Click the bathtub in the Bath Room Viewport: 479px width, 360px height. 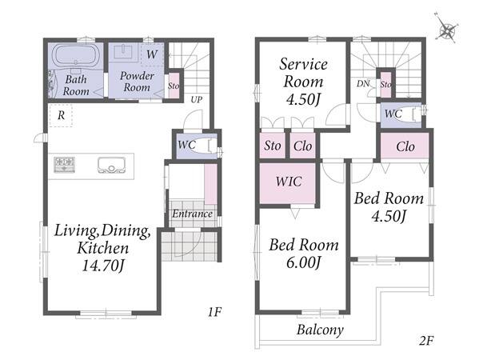click(76, 55)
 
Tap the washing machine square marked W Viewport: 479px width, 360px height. click(152, 54)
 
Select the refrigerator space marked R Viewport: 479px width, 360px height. click(61, 115)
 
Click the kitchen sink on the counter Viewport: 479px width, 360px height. click(111, 165)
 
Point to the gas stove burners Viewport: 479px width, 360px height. click(64, 165)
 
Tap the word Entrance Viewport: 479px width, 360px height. click(192, 214)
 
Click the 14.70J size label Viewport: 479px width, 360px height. click(103, 266)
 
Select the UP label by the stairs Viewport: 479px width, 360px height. click(197, 100)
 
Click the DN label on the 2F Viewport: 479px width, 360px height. click(363, 83)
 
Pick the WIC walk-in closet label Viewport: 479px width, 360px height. click(289, 182)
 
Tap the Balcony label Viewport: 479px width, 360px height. click(320, 330)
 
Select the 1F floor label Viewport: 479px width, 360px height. click(214, 312)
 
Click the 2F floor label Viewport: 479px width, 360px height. click(426, 340)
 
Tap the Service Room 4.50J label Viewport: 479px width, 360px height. click(303, 82)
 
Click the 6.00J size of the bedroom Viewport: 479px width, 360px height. click(303, 262)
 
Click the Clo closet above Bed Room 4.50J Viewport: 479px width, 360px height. click(405, 146)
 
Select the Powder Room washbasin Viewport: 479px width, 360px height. click(123, 52)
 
